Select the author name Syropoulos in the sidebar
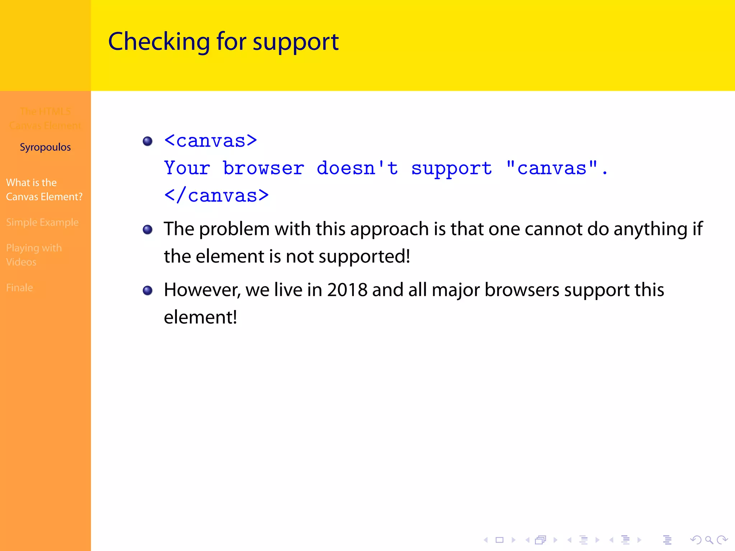click(x=45, y=147)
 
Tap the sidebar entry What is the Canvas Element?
click(x=44, y=189)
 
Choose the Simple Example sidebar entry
click(x=42, y=222)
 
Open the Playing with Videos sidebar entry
click(x=34, y=255)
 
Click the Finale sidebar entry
click(x=19, y=288)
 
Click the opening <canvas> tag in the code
click(x=211, y=141)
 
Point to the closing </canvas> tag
click(x=216, y=196)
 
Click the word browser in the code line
click(x=263, y=168)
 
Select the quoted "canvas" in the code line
click(x=552, y=168)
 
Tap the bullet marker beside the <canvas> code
click(x=148, y=141)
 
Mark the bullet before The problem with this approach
click(x=148, y=229)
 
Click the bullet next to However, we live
click(x=148, y=290)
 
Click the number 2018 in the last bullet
click(x=347, y=290)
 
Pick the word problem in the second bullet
click(x=234, y=229)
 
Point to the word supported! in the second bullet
click(x=364, y=256)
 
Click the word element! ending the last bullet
click(x=200, y=317)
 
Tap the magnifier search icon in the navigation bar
click(x=709, y=540)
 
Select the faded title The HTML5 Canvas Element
click(x=45, y=118)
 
